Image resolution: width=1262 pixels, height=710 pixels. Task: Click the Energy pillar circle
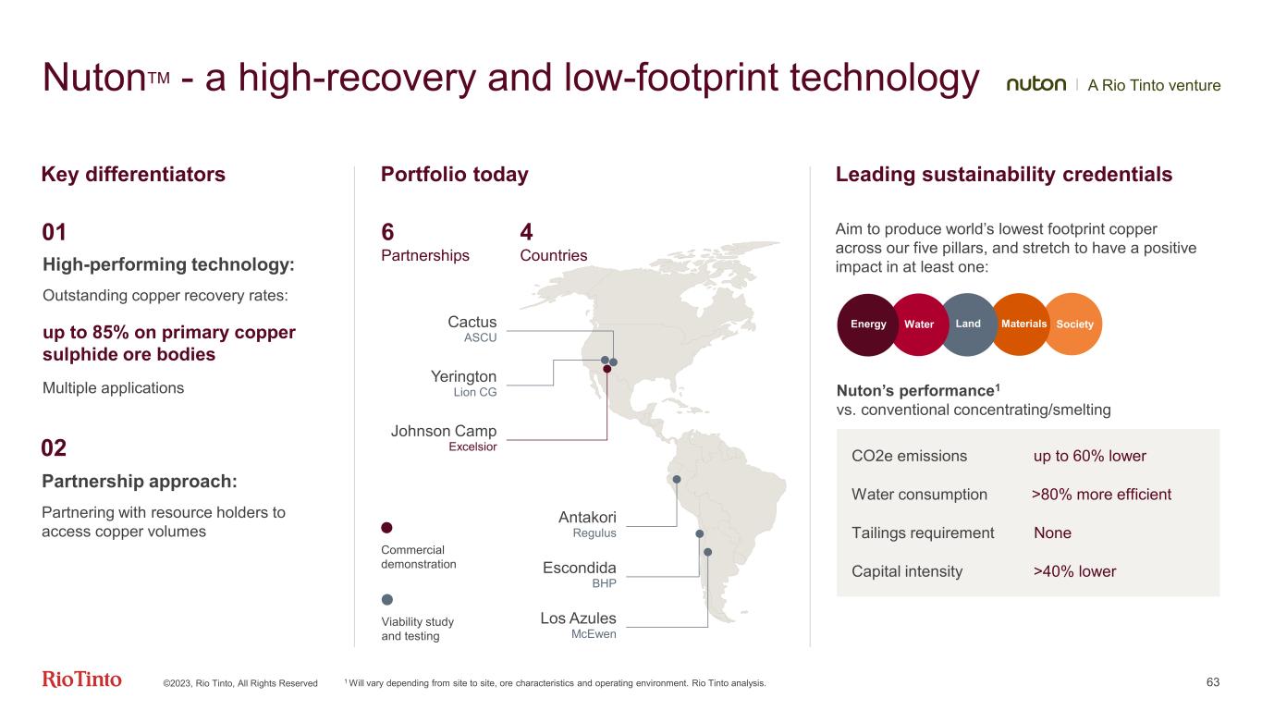click(867, 324)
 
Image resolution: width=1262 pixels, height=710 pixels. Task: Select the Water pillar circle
click(919, 324)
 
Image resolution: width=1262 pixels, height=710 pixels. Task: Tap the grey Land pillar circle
click(969, 324)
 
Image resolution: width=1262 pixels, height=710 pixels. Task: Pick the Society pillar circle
click(1074, 324)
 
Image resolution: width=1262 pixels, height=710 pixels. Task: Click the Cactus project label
click(472, 323)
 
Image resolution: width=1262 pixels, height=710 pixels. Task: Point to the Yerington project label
click(464, 377)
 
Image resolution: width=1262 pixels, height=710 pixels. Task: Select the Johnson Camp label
click(444, 432)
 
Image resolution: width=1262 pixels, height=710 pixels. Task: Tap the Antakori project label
click(587, 517)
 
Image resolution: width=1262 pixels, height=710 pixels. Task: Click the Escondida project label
click(580, 568)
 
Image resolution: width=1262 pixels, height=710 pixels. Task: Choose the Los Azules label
click(578, 618)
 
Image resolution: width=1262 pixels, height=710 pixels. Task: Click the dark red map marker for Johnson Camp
click(607, 369)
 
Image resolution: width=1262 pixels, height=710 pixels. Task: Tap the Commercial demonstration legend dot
click(387, 527)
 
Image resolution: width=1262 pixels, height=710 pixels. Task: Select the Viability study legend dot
click(387, 599)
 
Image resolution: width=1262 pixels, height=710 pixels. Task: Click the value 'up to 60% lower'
click(1089, 456)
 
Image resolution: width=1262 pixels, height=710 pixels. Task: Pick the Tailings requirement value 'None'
click(1052, 532)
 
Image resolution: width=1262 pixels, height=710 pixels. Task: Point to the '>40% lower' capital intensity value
click(1074, 571)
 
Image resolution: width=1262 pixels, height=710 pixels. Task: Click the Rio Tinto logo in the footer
click(81, 680)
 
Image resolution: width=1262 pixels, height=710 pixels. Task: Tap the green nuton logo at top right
click(1035, 85)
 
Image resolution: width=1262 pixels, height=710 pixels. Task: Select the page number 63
click(1213, 682)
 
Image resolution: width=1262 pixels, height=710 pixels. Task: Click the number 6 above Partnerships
click(387, 232)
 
